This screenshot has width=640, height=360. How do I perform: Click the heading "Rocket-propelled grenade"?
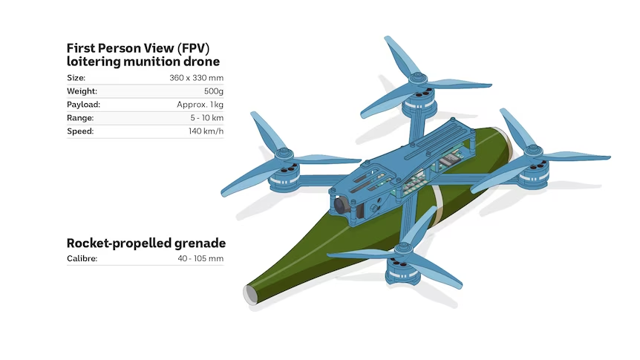146,243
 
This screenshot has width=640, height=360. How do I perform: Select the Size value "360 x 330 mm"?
196,78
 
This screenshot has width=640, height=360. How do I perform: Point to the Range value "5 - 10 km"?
206,118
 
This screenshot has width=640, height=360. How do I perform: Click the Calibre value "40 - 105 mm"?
200,259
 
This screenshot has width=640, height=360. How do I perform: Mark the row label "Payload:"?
83,105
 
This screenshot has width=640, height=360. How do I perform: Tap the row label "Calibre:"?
82,259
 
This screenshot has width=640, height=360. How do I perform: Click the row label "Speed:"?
79,131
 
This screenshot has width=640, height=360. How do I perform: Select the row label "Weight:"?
82,91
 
